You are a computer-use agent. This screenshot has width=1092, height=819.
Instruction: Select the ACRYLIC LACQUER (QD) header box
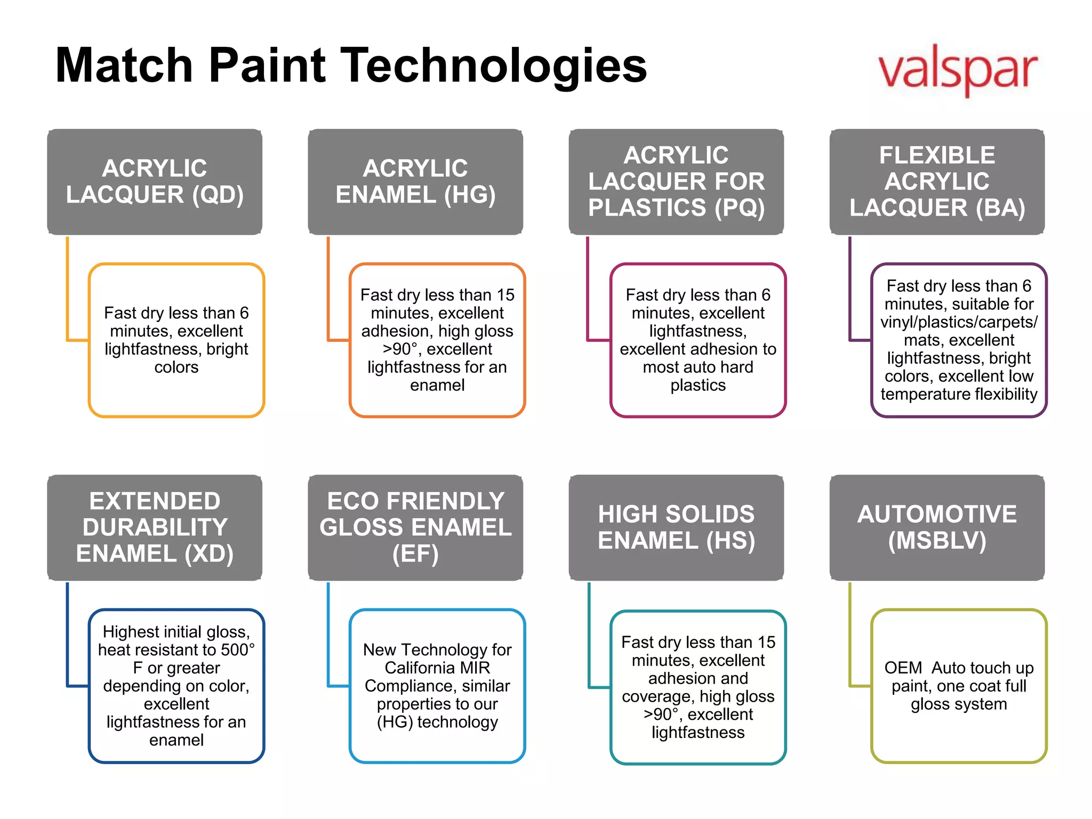(x=155, y=182)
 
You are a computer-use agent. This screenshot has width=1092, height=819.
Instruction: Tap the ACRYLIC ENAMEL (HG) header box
(x=415, y=182)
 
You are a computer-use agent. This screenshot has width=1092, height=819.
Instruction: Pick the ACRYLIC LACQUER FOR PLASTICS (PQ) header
(x=676, y=182)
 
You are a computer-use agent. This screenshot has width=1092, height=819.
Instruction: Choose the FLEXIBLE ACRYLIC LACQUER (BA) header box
(x=937, y=182)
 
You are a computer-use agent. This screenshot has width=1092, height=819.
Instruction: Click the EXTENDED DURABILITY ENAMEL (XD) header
(x=155, y=527)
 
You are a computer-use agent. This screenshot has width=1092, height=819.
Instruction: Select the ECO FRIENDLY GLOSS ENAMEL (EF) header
(x=415, y=527)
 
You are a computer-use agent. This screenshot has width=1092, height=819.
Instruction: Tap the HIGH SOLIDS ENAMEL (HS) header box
(x=676, y=527)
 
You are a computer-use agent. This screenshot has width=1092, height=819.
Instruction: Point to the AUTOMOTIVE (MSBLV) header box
(x=937, y=527)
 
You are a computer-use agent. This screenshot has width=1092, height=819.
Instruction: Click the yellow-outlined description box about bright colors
(x=176, y=340)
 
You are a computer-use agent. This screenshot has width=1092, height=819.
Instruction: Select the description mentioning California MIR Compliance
(x=437, y=686)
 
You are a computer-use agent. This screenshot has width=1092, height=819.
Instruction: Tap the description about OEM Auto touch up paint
(x=959, y=686)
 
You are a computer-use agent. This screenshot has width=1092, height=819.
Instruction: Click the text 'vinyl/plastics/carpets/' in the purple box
(x=959, y=322)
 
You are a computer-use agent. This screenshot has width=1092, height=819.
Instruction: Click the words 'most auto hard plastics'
(x=698, y=376)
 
